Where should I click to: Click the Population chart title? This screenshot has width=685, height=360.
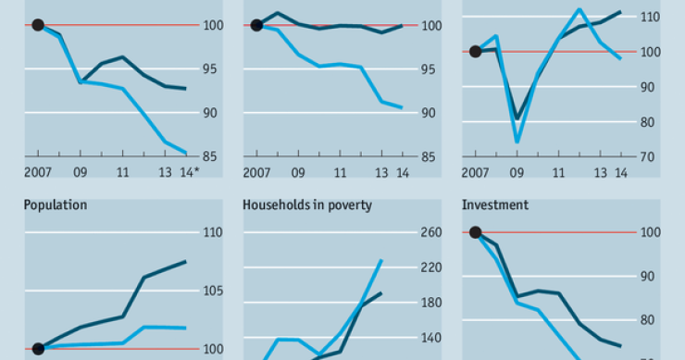tap(56, 205)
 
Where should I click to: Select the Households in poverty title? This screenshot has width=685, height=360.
tap(307, 205)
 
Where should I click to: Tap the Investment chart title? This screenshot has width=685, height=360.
tap(495, 205)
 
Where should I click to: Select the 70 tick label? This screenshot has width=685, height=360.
tap(649, 157)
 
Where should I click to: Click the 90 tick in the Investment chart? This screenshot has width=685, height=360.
tap(649, 277)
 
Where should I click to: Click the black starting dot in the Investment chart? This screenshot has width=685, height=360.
tap(475, 233)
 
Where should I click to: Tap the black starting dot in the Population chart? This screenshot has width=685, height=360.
tap(38, 349)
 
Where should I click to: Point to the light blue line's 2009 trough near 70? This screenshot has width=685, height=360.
tap(517, 143)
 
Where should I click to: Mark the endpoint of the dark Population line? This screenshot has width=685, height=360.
tap(186, 262)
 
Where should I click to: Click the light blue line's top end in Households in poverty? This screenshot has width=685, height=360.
tap(381, 260)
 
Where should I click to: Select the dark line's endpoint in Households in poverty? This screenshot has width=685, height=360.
tap(381, 293)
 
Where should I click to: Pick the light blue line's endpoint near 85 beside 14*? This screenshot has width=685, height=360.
tap(187, 154)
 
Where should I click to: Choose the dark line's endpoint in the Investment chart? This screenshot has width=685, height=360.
tap(619, 345)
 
